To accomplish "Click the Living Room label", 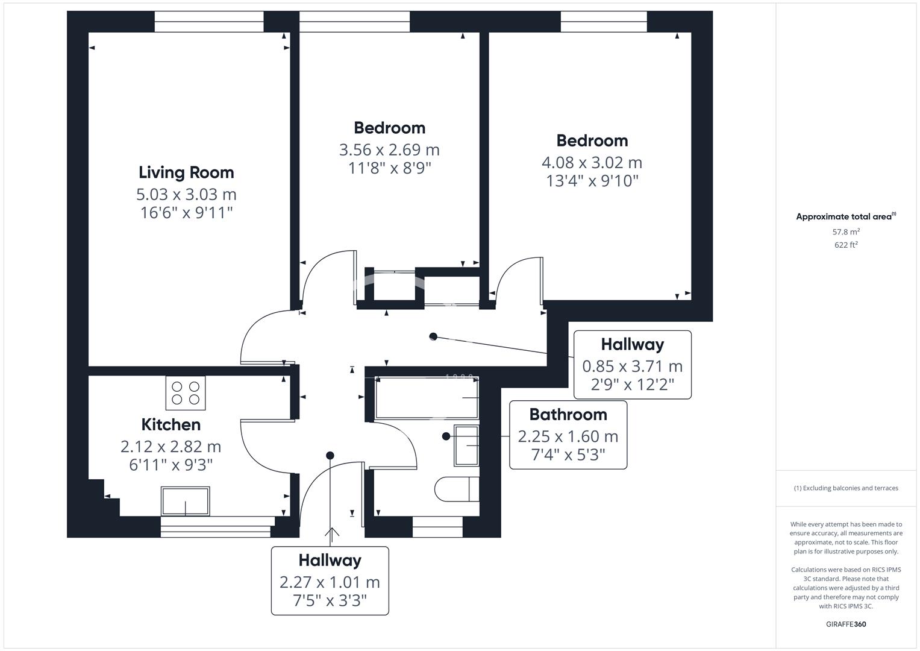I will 186,172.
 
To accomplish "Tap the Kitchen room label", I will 171,424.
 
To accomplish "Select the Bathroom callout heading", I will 568,415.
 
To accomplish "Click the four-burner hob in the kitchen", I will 186,393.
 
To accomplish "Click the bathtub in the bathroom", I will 427,398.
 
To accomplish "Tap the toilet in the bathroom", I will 457,489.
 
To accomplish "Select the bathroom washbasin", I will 466,445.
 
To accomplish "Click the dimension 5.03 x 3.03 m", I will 186,194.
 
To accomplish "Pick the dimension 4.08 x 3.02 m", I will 592,163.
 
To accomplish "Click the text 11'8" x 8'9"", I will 389,168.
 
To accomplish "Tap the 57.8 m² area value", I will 846,231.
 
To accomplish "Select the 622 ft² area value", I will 846,245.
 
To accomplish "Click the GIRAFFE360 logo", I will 846,624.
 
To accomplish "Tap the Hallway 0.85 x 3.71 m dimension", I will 632,366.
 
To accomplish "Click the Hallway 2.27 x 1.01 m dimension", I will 330,582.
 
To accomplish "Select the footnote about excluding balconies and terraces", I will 846,488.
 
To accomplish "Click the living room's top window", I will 209,22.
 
